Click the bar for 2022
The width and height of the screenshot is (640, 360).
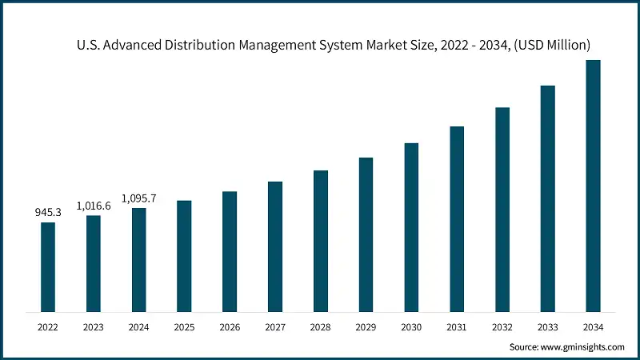48,266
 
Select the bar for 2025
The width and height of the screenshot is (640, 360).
184,255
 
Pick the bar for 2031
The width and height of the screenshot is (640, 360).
457,218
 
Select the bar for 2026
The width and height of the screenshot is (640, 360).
230,251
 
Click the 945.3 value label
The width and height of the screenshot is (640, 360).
48,213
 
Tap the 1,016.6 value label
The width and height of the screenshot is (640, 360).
94,206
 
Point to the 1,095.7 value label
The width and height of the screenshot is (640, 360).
138,198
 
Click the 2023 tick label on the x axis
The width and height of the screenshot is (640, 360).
94,326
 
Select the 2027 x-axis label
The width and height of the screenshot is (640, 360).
275,326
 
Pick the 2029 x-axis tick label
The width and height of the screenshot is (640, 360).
366,326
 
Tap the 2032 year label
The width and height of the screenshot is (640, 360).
502,326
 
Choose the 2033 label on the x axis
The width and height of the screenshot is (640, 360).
547,326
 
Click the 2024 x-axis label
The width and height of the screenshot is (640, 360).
138,326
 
